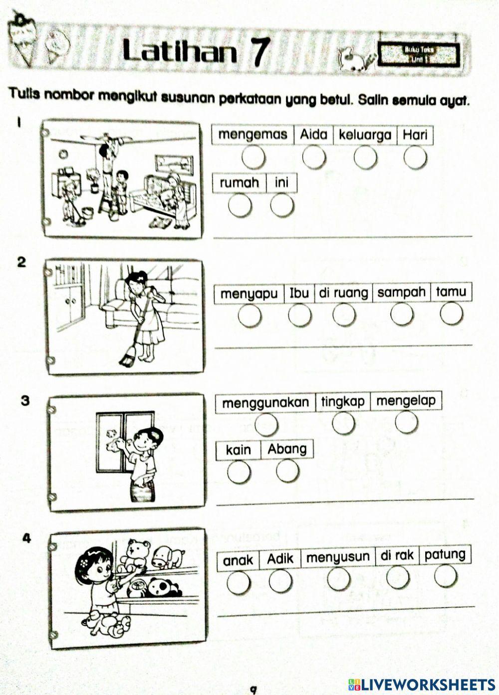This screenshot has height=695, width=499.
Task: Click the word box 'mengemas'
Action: click(x=252, y=134)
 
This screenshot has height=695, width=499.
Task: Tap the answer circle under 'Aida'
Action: click(x=314, y=157)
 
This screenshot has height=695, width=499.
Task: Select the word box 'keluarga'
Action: click(x=365, y=135)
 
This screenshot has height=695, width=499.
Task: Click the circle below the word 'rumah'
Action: click(x=240, y=205)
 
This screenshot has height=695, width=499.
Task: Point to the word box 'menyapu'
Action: click(x=249, y=293)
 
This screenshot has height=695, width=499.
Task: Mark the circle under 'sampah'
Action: click(x=402, y=314)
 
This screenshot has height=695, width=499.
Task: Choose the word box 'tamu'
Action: click(x=451, y=292)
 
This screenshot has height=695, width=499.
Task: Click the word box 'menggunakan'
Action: click(x=265, y=403)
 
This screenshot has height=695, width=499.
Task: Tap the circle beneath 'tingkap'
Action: click(x=343, y=424)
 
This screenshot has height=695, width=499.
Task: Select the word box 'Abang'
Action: click(x=287, y=449)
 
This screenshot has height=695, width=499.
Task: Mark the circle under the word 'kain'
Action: click(x=239, y=471)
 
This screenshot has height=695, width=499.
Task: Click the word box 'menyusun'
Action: click(x=337, y=558)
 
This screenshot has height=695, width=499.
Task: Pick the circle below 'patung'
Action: click(x=445, y=577)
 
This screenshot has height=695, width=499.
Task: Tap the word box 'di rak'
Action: click(x=397, y=556)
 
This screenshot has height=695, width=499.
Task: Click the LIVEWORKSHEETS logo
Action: click(x=421, y=684)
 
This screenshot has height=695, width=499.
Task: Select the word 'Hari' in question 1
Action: click(x=415, y=134)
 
